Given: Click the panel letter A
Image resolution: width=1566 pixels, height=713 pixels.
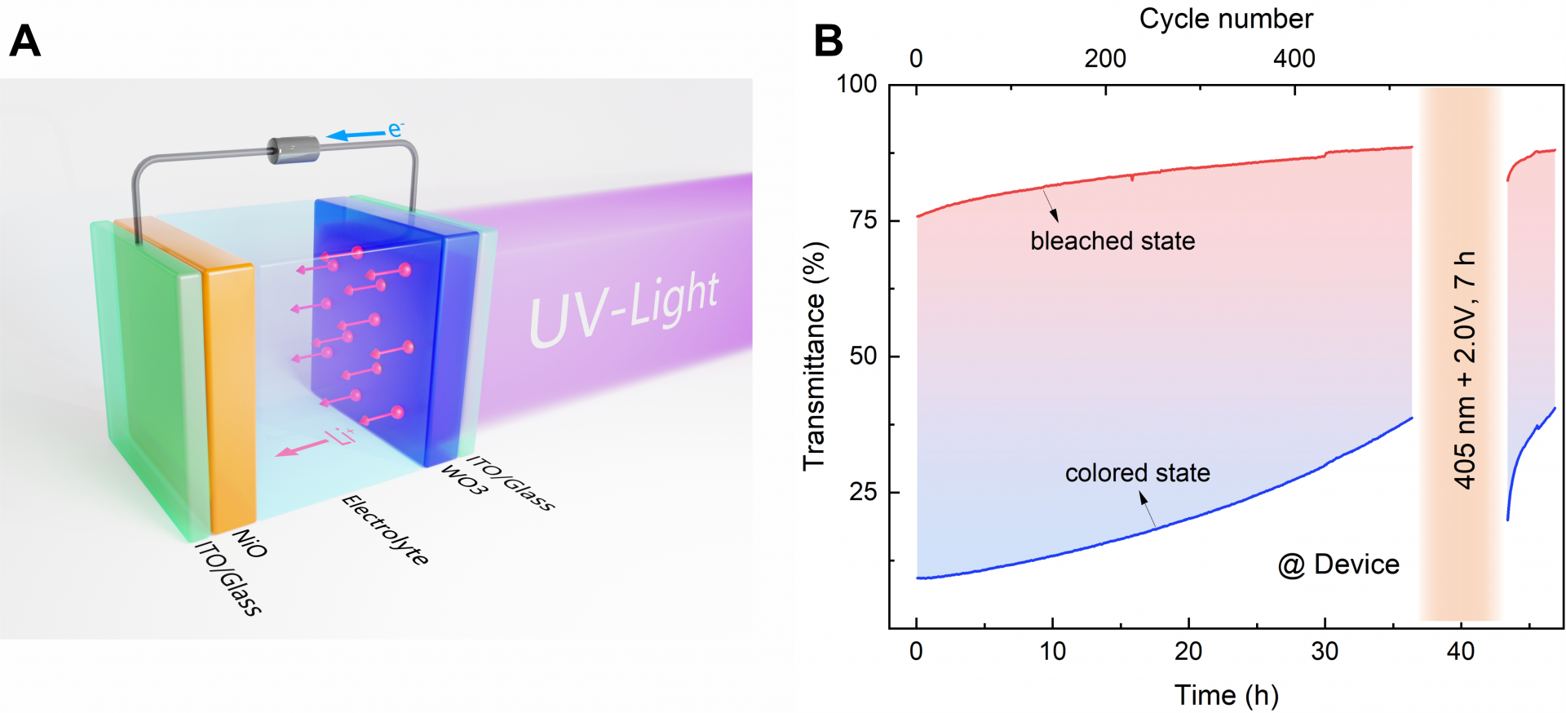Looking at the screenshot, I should coord(24,41).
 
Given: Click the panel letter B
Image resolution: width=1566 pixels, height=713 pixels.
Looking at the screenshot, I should coord(828,41).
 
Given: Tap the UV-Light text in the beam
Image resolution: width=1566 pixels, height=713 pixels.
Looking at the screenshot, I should coord(624,310).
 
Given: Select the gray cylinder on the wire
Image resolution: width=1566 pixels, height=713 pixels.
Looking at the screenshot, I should coord(294,150).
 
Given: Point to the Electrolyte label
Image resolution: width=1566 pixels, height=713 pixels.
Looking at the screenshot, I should coord(384,530).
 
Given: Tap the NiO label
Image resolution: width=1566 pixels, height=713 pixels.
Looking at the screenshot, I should coord(250,543).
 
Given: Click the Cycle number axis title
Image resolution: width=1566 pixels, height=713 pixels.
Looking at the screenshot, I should coord(1226,19).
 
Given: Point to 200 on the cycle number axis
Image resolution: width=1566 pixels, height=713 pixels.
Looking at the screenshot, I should coord(1105,59).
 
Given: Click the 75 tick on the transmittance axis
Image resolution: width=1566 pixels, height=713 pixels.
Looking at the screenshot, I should coord(863,220).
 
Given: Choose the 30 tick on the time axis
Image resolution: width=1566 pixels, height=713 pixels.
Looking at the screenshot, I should coord(1325,651).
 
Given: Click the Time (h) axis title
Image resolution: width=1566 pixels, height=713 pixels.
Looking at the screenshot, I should coord(1226,695).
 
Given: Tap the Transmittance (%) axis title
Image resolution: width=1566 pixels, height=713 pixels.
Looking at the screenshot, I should coord(815,356).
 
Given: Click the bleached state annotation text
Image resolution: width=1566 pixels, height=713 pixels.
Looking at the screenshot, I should coord(1113,241).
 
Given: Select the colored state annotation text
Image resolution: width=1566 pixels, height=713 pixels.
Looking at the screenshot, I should coord(1137,473).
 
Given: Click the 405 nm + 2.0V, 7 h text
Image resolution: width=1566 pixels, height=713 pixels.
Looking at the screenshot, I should coord(1465,370).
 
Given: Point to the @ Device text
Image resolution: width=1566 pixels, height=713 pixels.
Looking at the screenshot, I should coord(1338,565).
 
